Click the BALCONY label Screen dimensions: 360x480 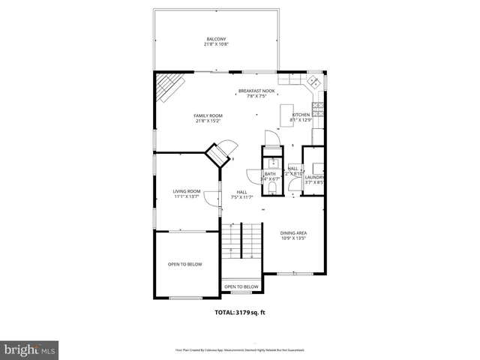click(x=216, y=39)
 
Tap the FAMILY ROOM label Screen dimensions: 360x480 click(x=208, y=115)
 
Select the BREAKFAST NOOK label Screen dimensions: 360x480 click(x=256, y=91)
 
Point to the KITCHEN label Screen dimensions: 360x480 click(x=301, y=115)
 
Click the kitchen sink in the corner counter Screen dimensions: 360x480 click(x=314, y=81)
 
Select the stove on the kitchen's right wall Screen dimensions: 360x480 click(x=317, y=110)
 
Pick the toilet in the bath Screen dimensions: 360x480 click(x=271, y=178)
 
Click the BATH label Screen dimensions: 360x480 click(x=270, y=174)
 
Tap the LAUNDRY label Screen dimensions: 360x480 click(x=313, y=177)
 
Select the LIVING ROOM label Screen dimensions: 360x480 click(x=187, y=191)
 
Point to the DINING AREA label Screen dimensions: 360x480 click(x=294, y=232)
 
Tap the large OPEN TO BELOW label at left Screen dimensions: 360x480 click(x=185, y=264)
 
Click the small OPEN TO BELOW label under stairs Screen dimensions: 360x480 click(x=241, y=286)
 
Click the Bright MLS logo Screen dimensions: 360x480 click(x=30, y=349)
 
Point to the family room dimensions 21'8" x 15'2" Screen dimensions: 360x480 click(x=208, y=121)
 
